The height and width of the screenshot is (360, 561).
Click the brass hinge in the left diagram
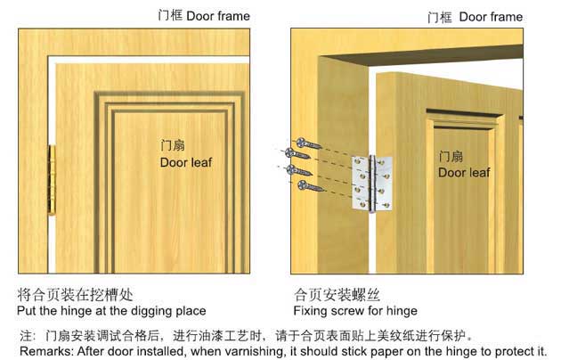(x=52, y=180)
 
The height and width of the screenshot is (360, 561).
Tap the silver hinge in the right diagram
(x=371, y=184)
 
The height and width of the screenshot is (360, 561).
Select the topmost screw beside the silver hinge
(x=309, y=143)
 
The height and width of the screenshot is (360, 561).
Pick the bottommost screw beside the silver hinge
(x=310, y=186)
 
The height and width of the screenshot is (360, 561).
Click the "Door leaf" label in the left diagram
(x=186, y=162)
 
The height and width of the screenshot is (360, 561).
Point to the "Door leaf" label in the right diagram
(x=464, y=173)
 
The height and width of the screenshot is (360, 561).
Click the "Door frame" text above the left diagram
(x=218, y=16)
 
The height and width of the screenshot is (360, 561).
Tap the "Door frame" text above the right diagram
(x=491, y=17)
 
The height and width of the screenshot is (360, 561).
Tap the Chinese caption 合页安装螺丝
(x=337, y=295)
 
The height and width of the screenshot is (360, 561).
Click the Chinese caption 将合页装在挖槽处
(x=75, y=295)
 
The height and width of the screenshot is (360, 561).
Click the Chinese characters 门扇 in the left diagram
(x=173, y=145)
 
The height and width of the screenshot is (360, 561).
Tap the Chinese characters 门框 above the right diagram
(x=439, y=17)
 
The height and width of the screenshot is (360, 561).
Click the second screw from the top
(x=297, y=154)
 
